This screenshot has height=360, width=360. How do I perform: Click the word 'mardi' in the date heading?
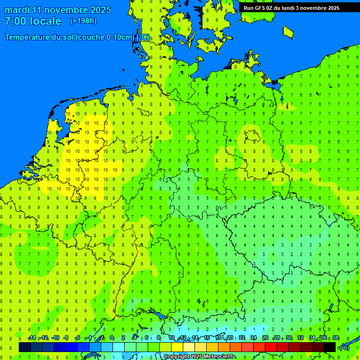(x=17, y=10)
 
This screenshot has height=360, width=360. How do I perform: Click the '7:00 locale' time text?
(x=33, y=21)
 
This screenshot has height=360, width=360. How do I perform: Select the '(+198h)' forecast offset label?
(x=83, y=21)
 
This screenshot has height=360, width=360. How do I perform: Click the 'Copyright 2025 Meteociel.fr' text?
(x=199, y=357)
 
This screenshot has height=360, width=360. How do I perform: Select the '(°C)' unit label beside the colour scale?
(x=345, y=347)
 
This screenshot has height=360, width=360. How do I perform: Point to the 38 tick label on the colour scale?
(x=336, y=338)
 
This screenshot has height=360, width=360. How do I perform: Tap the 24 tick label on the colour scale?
(x=254, y=338)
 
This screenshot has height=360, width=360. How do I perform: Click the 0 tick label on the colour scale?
(x=112, y=338)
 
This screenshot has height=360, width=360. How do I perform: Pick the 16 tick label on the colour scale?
(x=207, y=338)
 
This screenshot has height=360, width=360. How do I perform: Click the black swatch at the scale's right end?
(x=330, y=347)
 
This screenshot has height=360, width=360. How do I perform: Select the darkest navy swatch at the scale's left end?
(x=25, y=347)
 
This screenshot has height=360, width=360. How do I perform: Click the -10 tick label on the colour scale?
(x=55, y=338)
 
